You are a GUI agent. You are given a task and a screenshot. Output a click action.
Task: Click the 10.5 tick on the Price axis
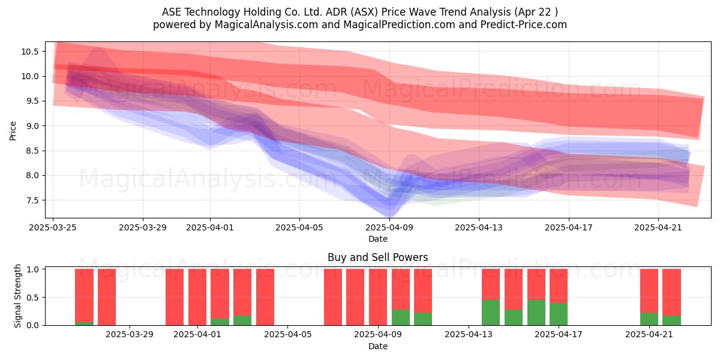pos(30,52)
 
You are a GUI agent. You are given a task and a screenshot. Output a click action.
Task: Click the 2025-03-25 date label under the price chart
pos(53,227)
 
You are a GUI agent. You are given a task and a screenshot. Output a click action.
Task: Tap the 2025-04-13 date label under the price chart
pos(479,227)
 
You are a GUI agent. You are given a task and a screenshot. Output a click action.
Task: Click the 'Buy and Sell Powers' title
pos(377,257)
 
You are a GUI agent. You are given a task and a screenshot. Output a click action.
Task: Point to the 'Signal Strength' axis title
pos(17,296)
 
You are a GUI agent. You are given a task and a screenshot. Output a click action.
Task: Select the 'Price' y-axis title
pos(13,131)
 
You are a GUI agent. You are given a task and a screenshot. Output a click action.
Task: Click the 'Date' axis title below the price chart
pos(377,239)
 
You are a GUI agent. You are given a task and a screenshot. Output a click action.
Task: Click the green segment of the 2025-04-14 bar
pos(491,313)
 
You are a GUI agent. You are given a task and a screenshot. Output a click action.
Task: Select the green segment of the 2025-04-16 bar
pos(536,313)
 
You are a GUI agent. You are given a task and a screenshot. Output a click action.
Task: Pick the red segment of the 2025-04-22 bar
pos(672,292)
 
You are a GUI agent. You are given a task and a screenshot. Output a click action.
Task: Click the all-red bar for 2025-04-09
pos(378,297)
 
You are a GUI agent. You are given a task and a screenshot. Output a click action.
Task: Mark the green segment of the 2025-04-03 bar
pos(242,320)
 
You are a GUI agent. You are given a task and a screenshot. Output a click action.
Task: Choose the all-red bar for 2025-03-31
pos(175,297)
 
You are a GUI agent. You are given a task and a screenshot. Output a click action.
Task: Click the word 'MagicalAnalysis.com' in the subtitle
pos(266,25)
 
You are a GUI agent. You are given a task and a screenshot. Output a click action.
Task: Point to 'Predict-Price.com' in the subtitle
pos(524,25)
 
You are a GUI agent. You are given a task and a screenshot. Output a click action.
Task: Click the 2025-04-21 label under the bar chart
pos(649,335)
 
